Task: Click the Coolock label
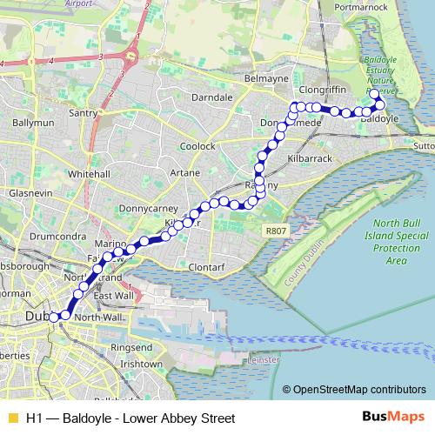coord(197,146)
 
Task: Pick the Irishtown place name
coord(142,364)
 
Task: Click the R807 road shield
coord(275,230)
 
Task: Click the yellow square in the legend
coord(11,418)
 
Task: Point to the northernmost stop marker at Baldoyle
coord(374,93)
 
